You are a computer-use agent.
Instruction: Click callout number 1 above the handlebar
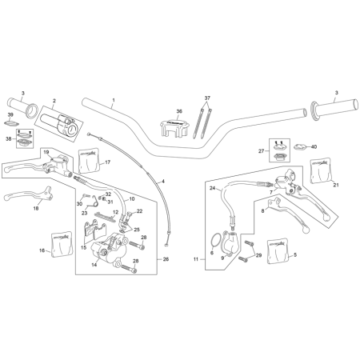coord(114,102)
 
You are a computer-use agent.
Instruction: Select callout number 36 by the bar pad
coord(179,111)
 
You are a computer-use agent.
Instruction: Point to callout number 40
coord(314,146)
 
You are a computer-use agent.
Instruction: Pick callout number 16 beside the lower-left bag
coord(42,250)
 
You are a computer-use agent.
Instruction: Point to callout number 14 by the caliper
coord(93,264)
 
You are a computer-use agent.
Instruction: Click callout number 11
coord(195,260)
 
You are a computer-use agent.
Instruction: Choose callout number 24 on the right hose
coord(214,188)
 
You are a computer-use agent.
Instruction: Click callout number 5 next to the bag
coord(294,254)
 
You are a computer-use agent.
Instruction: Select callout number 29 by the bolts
coord(258,255)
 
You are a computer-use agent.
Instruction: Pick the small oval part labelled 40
coord(301,146)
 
